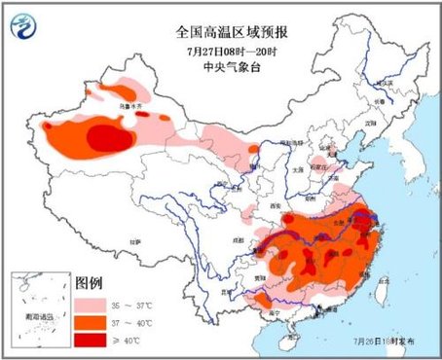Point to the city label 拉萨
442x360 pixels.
(x=136, y=239)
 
